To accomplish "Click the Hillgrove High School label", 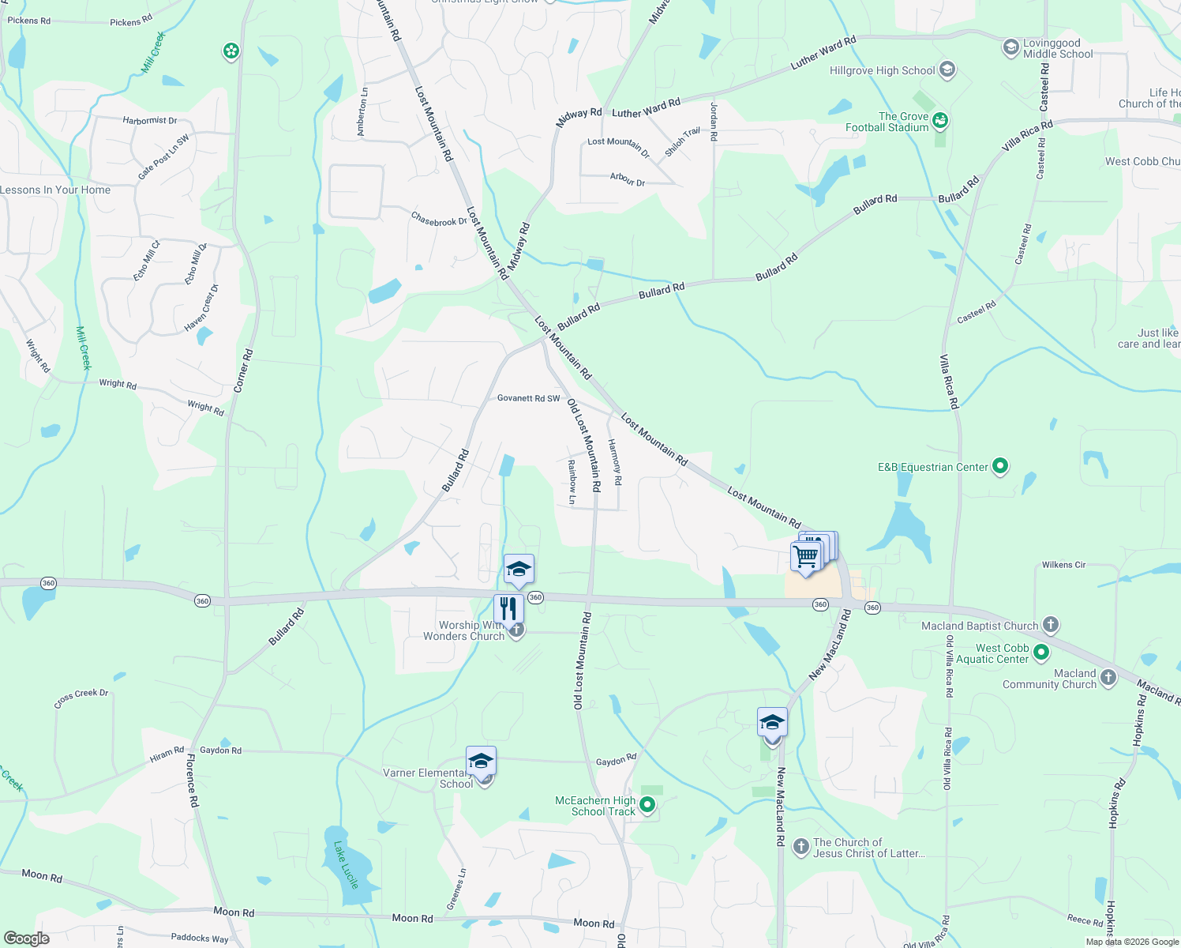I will (x=882, y=71).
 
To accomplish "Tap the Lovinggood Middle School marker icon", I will (x=1010, y=47).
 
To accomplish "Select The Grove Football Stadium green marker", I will (x=939, y=121).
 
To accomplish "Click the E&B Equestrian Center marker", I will (x=1000, y=466).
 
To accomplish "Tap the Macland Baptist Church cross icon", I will (x=1050, y=625).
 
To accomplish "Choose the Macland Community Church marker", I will (x=1108, y=678).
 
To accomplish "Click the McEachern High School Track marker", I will (x=647, y=805).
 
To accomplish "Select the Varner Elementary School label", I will (x=426, y=778).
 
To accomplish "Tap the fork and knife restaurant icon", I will (x=508, y=608).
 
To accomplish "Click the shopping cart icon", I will (x=806, y=556).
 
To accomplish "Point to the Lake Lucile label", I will (x=346, y=864).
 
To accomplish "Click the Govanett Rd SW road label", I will (x=528, y=398).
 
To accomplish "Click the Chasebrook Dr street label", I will (x=439, y=219).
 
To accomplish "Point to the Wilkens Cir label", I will (x=1063, y=565).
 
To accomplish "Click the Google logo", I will (x=26, y=939).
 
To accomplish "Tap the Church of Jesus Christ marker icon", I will (x=800, y=848).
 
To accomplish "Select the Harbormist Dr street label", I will (x=150, y=121).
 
